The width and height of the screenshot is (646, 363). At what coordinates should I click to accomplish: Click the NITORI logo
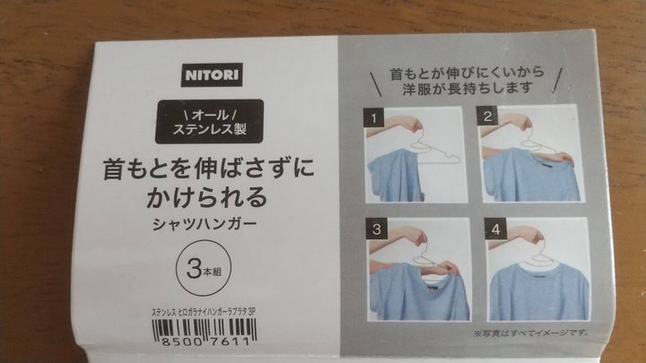pos(212,75)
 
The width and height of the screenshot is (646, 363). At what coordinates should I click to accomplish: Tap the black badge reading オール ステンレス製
pos(209,121)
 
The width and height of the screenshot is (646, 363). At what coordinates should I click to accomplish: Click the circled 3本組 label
pos(204,268)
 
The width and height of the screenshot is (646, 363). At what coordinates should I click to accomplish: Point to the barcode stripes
pos(205,328)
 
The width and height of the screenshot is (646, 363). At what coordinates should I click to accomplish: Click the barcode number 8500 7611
pos(205,341)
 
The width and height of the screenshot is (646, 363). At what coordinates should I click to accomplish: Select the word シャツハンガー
pos(205,224)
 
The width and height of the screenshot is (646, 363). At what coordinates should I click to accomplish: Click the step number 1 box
pos(373,118)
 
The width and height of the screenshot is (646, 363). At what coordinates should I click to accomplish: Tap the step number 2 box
pos(487,116)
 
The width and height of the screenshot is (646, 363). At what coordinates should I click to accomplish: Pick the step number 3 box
pos(377,229)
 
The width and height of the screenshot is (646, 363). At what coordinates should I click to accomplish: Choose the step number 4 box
pos(495,229)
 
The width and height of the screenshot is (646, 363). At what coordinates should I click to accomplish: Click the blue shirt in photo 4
pos(539,291)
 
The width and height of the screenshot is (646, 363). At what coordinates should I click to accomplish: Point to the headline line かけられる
pos(207,197)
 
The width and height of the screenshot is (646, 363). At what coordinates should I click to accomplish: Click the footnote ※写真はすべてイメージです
pos(531,333)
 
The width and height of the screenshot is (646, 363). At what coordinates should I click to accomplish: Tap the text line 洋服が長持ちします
pos(467,88)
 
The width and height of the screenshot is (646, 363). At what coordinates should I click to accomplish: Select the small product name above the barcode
pos(204,312)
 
